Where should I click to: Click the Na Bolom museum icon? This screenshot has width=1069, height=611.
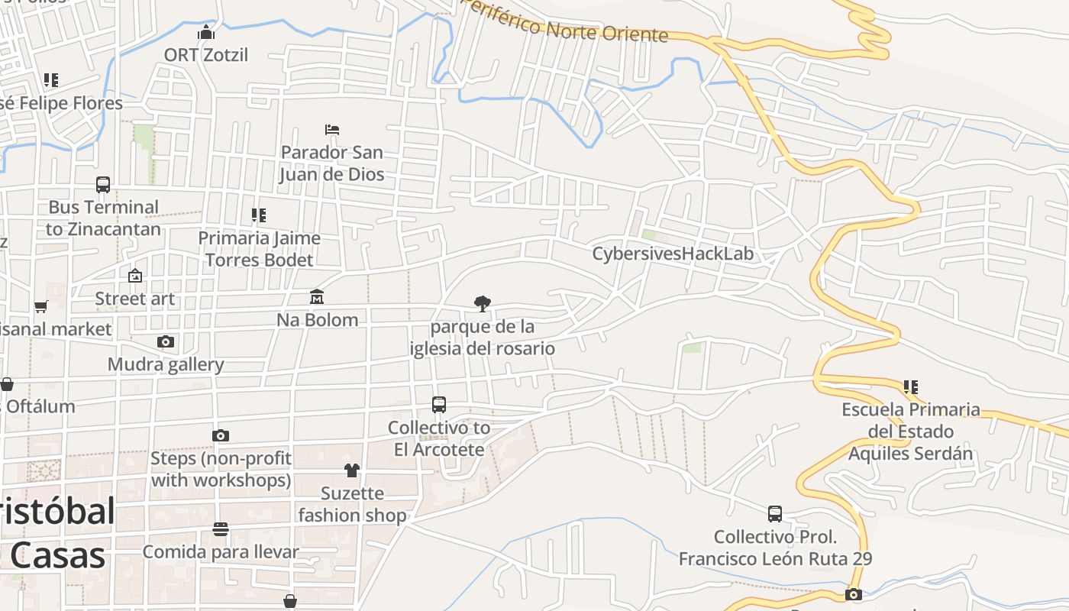coord(316,296)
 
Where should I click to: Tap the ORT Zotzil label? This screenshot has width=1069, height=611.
coord(206,55)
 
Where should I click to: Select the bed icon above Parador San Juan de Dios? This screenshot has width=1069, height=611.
coord(331,129)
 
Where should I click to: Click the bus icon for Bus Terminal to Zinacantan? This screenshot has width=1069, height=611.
coord(103,184)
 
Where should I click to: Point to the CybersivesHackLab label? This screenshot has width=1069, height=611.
coord(673,254)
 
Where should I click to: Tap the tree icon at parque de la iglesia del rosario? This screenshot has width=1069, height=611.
coord(482,304)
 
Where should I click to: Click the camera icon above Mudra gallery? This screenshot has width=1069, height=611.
coord(166,341)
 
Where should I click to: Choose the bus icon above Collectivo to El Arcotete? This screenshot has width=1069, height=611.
coord(439,405)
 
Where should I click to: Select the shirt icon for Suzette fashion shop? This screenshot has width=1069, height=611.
coord(351,470)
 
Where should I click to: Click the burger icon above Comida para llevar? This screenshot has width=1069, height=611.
coord(221,529)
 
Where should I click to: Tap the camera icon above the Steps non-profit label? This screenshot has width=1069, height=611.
coord(221,435)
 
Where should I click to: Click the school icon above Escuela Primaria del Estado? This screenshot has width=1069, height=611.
coord(910,386)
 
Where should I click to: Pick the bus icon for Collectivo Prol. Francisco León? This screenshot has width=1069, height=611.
coord(775,514)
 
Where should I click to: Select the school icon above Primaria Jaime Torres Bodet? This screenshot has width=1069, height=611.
coord(259,215)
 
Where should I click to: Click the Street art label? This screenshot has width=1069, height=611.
coord(135,299)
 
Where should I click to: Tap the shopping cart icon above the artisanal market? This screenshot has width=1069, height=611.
coord(41,306)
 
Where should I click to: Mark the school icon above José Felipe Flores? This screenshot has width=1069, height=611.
coord(51,79)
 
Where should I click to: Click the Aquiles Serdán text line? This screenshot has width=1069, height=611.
coord(911,454)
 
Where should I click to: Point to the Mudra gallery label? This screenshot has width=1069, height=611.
coord(166,364)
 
